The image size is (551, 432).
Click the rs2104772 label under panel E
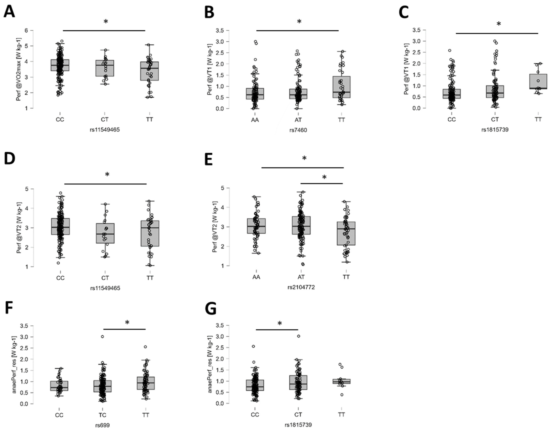pos(301,287)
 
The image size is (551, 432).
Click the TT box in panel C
pos(538,81)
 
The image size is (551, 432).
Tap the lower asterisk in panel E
pos(324,177)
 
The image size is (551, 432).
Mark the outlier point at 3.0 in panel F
pos(102,336)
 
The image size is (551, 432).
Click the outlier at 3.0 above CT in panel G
pos(299,336)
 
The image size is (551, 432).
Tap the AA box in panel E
pos(256,226)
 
